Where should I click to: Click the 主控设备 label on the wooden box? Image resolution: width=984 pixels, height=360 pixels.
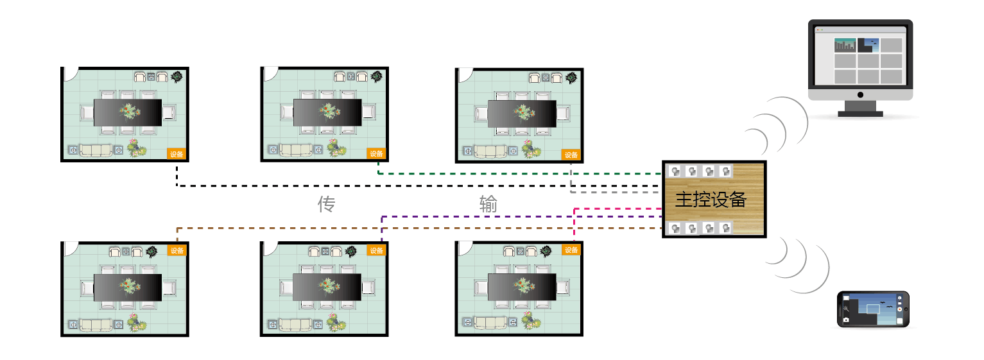pos(711,199)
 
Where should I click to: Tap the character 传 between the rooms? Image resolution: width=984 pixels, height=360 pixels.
pos(327,205)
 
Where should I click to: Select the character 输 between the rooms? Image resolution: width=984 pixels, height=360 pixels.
pos(488,205)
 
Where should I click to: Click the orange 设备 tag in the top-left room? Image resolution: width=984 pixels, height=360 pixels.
pos(177,154)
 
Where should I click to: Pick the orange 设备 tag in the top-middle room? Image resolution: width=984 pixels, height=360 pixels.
pos(377,154)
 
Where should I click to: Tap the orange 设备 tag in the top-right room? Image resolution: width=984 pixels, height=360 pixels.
pos(571,155)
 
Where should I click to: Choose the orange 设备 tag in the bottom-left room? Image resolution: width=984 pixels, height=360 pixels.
pos(177,250)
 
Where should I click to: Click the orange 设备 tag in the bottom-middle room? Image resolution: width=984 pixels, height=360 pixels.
pos(377,250)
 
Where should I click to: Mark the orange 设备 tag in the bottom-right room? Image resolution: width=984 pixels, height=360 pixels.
pos(571,250)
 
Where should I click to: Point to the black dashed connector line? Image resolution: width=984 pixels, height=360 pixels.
pos(385,186)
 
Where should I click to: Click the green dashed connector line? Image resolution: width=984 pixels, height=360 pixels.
pos(514,173)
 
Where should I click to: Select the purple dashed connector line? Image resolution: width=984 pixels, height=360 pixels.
pos(514,216)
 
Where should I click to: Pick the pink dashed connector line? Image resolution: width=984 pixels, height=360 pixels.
pos(616,209)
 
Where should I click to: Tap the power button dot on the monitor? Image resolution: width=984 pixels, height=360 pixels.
pos(860,95)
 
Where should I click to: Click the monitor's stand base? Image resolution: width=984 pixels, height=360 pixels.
pos(860,114)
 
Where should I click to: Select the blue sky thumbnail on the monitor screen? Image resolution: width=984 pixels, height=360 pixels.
pos(868,45)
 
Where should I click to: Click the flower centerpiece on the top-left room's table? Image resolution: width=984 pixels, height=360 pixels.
pos(129,112)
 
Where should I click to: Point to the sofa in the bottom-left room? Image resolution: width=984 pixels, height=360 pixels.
pos(95,325)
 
